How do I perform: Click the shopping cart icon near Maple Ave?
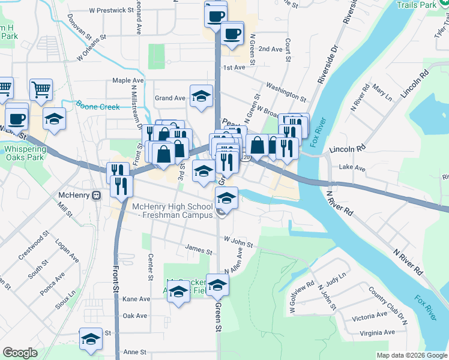(x=41, y=90)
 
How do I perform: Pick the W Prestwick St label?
(x=111, y=10)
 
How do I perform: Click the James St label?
(x=199, y=251)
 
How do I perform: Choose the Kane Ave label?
(x=136, y=299)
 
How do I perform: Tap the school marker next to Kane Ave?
(x=178, y=292)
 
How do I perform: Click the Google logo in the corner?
(x=20, y=353)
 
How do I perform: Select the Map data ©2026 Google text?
(x=412, y=355)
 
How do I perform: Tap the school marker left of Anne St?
(x=91, y=339)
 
